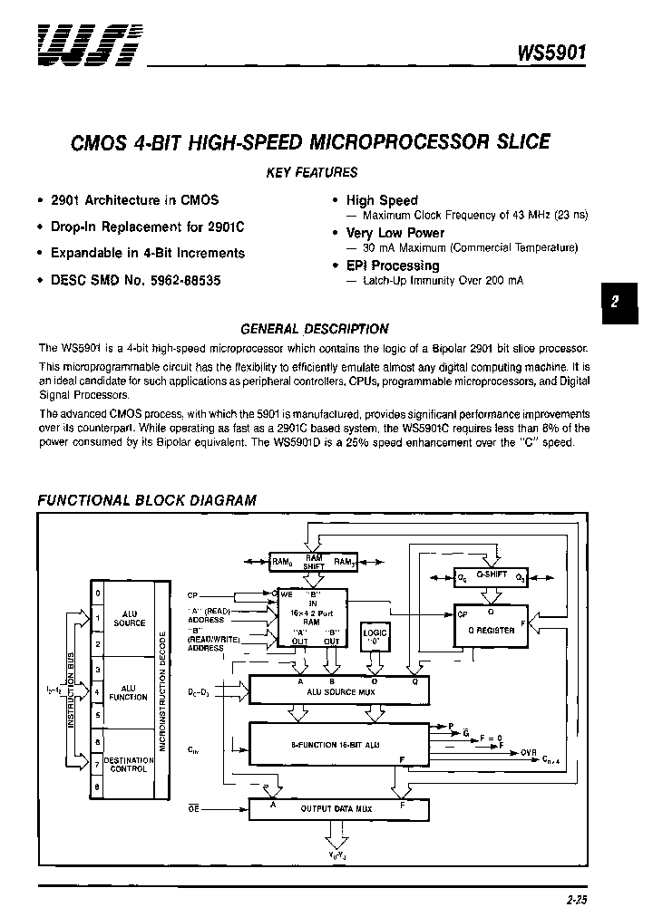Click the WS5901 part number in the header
point(551,53)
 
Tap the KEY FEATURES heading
point(312,172)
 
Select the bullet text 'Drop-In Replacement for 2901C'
point(147,227)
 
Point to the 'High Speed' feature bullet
point(382,200)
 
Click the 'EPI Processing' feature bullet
point(392,265)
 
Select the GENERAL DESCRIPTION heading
point(314,329)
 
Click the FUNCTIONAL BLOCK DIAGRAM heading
point(146,500)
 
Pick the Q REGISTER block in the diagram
point(492,630)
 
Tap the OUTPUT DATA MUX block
point(339,808)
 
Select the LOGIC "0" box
point(375,637)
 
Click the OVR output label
point(529,751)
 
